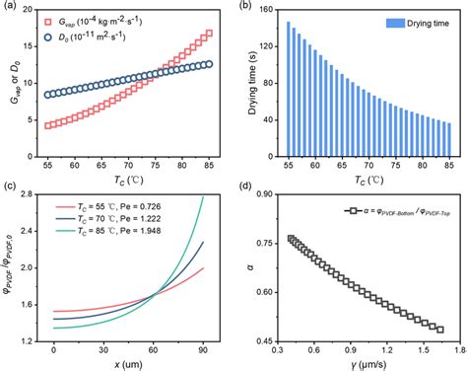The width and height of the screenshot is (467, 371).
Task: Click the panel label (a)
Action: pyautogui.click(x=8, y=7)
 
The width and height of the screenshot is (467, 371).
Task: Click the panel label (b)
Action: pyautogui.click(x=246, y=7)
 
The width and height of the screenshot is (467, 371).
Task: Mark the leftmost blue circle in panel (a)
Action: pyautogui.click(x=50, y=96)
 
